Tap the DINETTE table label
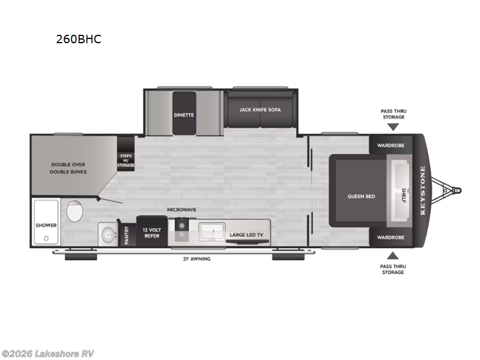tap(184, 114)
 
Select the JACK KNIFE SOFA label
tap(260, 110)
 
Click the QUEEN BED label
tap(361, 196)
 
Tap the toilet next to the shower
tap(74, 212)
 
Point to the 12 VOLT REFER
tap(150, 232)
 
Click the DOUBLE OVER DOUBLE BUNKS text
tap(69, 167)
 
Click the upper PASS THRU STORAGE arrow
tap(392, 126)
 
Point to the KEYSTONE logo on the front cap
tap(422, 191)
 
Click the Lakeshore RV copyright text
tap(48, 353)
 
